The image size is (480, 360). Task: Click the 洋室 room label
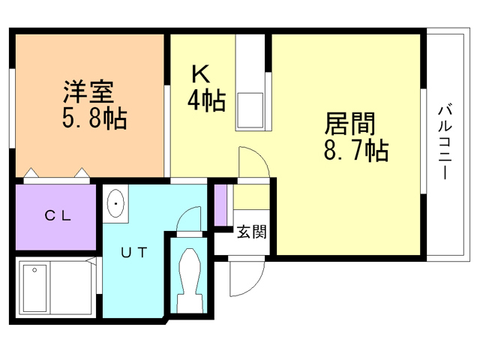(x=87, y=93)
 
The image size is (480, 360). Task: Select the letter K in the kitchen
(x=199, y=74)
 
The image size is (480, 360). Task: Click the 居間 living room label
(x=349, y=124)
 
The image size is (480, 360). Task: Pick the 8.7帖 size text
(x=355, y=151)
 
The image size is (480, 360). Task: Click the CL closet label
(x=57, y=216)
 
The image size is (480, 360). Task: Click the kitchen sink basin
(x=249, y=109)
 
